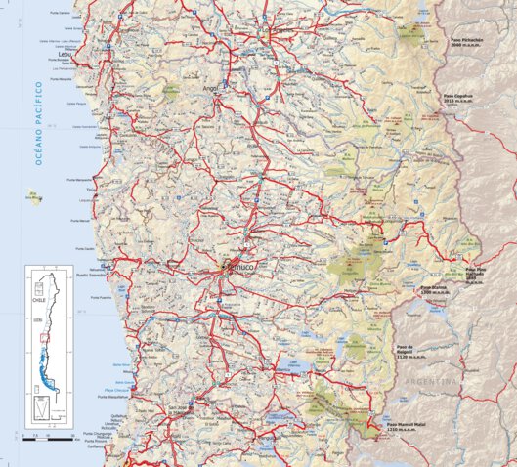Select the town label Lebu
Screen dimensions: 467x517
[x=65, y=55]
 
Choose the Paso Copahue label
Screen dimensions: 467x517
[x=458, y=98]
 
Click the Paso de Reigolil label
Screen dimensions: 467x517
[x=408, y=349]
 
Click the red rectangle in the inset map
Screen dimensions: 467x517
[x=43, y=338]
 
